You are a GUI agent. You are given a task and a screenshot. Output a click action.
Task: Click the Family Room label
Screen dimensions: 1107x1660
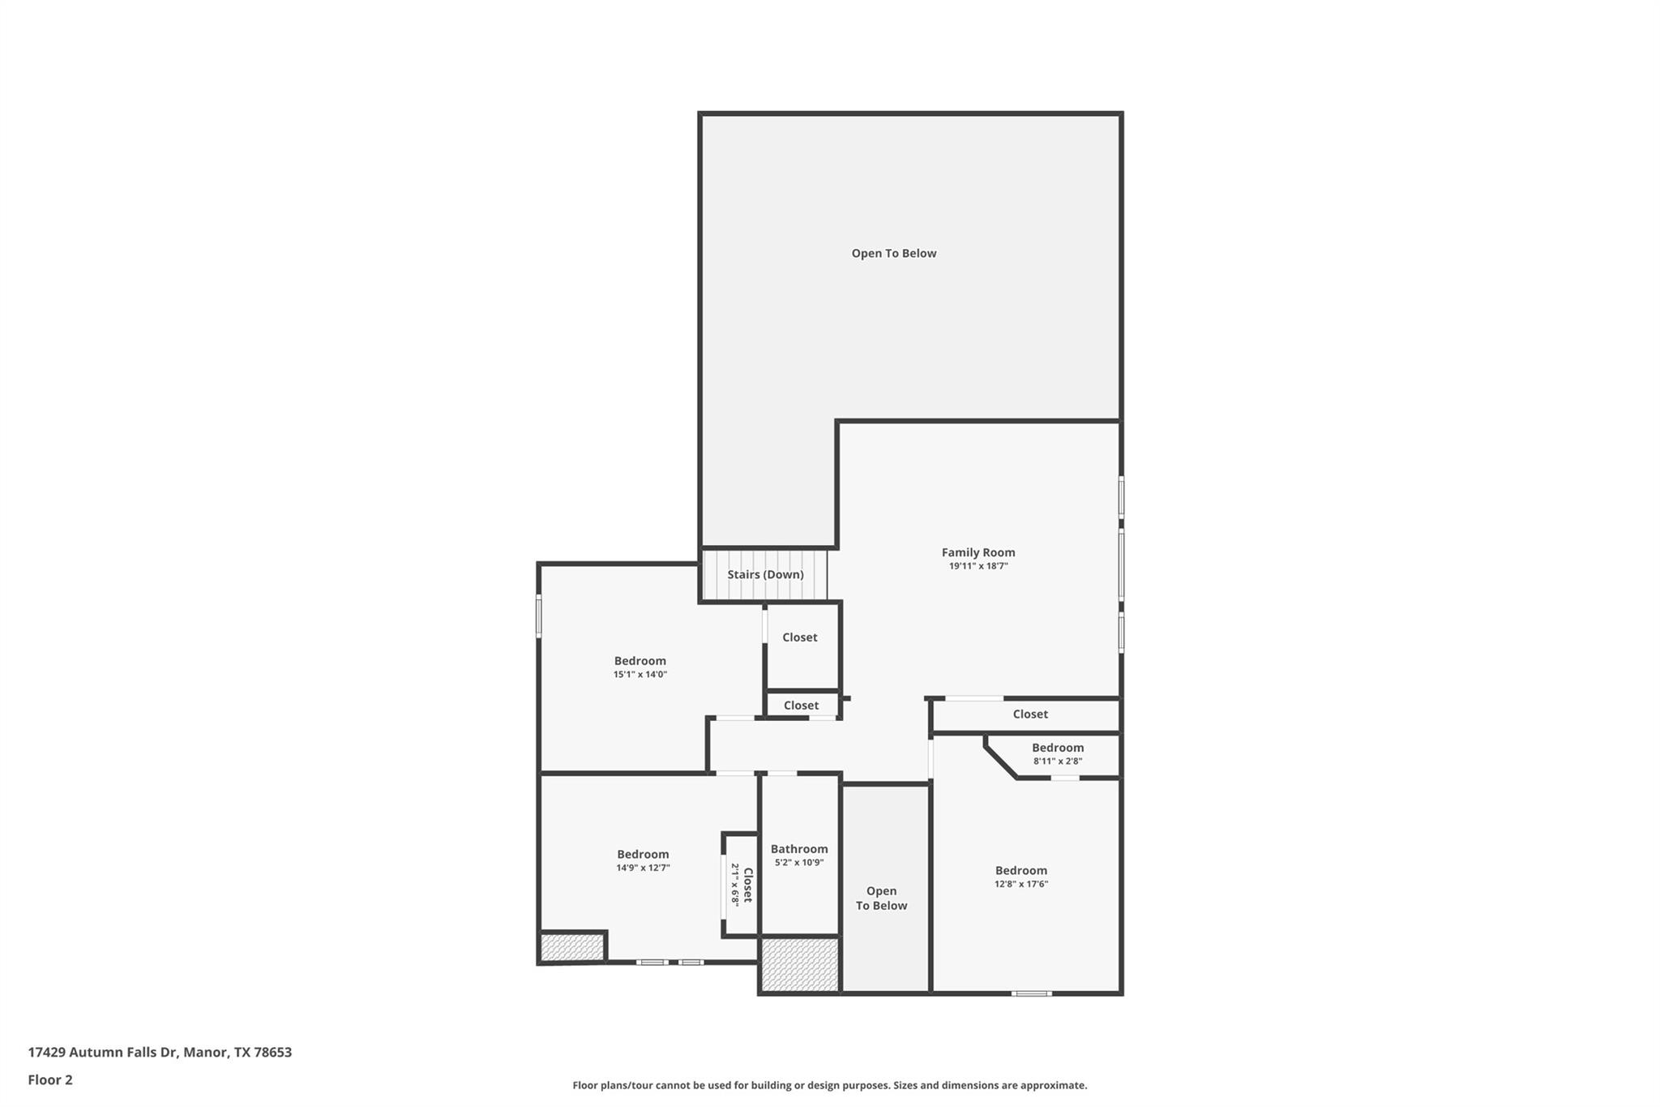[x=978, y=552]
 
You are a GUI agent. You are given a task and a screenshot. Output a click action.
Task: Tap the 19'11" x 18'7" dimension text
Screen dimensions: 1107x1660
[x=978, y=566]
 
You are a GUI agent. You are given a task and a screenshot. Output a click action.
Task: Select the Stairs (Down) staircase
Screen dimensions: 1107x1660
[x=764, y=574]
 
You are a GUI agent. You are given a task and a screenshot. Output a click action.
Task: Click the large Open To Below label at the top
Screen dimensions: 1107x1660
[x=893, y=253]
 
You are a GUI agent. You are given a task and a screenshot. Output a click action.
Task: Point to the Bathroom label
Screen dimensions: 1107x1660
[x=799, y=849]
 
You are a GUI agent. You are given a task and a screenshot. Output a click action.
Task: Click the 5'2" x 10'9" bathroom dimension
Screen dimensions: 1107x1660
[x=799, y=863]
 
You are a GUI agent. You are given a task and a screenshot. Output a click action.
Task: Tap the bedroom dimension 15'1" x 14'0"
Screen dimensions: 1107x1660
[x=640, y=675]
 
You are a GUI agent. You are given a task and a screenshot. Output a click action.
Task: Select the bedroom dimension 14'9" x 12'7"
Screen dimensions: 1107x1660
[x=643, y=868]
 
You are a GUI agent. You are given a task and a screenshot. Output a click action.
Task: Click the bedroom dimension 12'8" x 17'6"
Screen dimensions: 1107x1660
[x=1021, y=884]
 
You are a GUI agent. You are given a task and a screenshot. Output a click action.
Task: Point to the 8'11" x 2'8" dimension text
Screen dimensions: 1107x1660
[x=1057, y=762]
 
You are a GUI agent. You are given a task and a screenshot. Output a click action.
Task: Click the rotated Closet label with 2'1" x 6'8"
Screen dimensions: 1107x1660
[x=742, y=885]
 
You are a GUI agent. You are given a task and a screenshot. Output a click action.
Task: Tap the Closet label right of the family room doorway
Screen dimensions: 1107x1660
[x=1029, y=714]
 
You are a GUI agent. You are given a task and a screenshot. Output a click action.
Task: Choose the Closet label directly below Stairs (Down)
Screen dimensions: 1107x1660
[x=799, y=637]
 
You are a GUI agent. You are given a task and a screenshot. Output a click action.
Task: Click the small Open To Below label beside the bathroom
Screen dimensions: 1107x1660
[x=881, y=899]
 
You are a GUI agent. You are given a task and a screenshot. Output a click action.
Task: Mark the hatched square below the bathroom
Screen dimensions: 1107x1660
[x=799, y=964]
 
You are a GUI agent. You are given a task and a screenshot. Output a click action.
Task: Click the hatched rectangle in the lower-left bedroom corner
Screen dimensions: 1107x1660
[x=572, y=947]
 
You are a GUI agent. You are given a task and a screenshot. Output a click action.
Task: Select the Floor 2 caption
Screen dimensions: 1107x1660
[x=50, y=1080]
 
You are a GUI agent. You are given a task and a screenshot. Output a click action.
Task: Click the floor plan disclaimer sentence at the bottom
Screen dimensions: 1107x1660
[x=829, y=1085]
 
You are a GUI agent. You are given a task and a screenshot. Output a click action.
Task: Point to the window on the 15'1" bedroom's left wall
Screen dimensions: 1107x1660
[x=538, y=616]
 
